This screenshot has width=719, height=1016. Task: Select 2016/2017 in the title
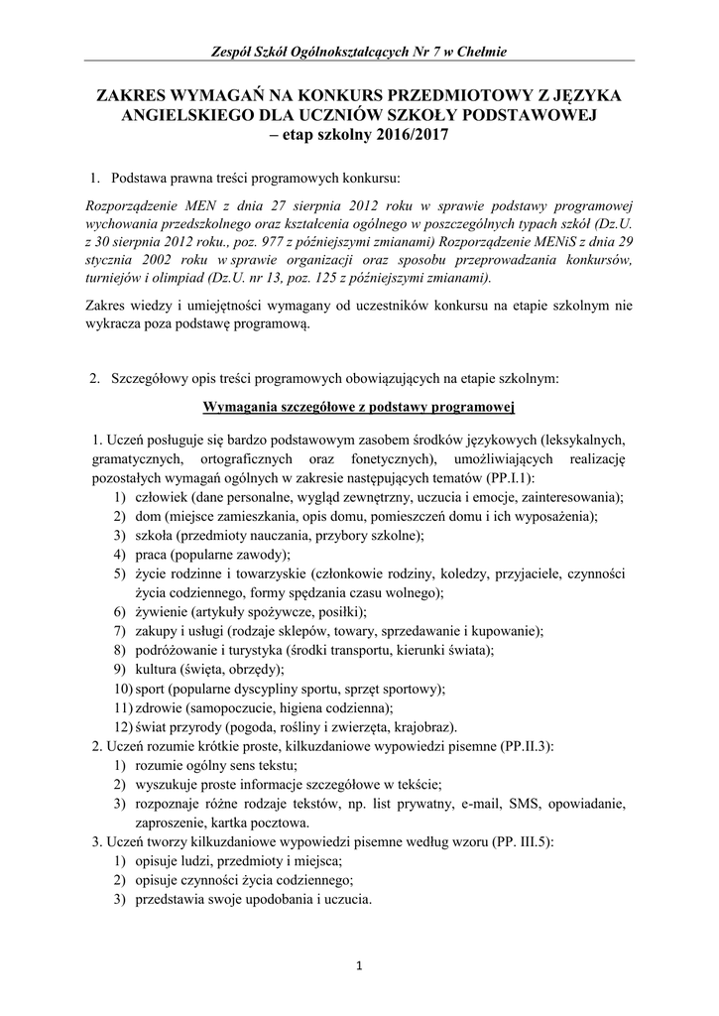pos(408,134)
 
